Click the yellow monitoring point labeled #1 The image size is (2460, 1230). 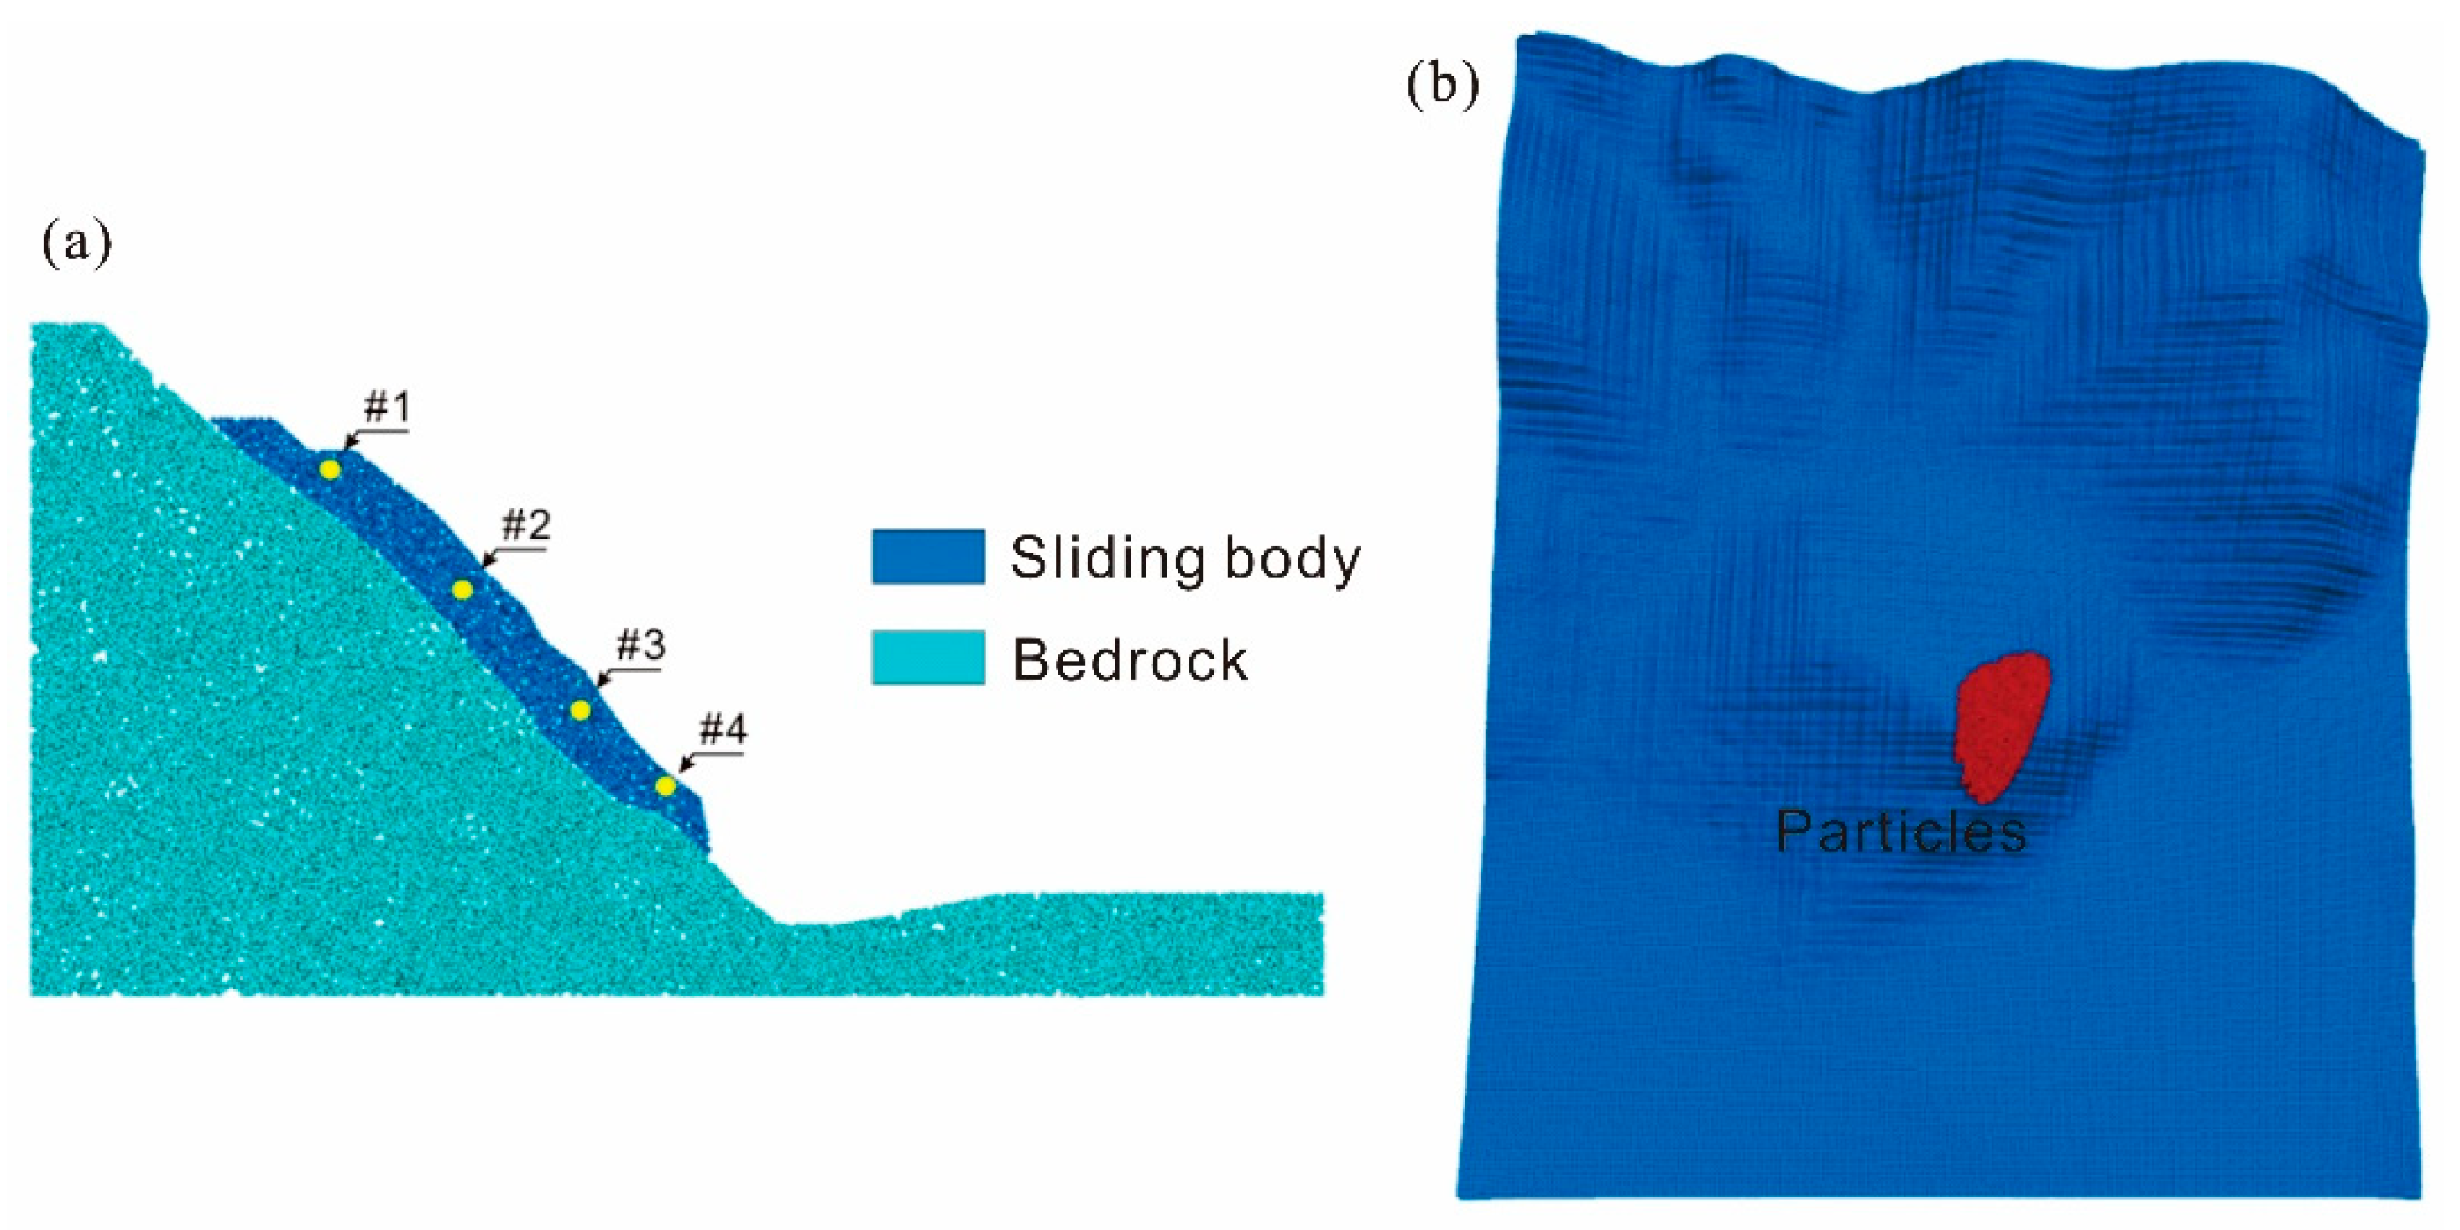330,470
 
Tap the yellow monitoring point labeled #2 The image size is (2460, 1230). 462,590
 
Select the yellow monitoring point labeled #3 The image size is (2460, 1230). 580,711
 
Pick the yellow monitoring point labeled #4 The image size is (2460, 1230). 666,786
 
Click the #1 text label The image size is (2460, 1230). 387,409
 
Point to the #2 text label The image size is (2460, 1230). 526,525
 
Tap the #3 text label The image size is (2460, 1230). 640,647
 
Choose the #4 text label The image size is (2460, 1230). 723,731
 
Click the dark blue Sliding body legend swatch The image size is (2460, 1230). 927,557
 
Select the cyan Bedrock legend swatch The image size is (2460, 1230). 927,658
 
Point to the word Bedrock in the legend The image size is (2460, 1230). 1130,659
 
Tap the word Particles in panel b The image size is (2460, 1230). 1900,831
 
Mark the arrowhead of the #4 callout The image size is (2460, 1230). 682,769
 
